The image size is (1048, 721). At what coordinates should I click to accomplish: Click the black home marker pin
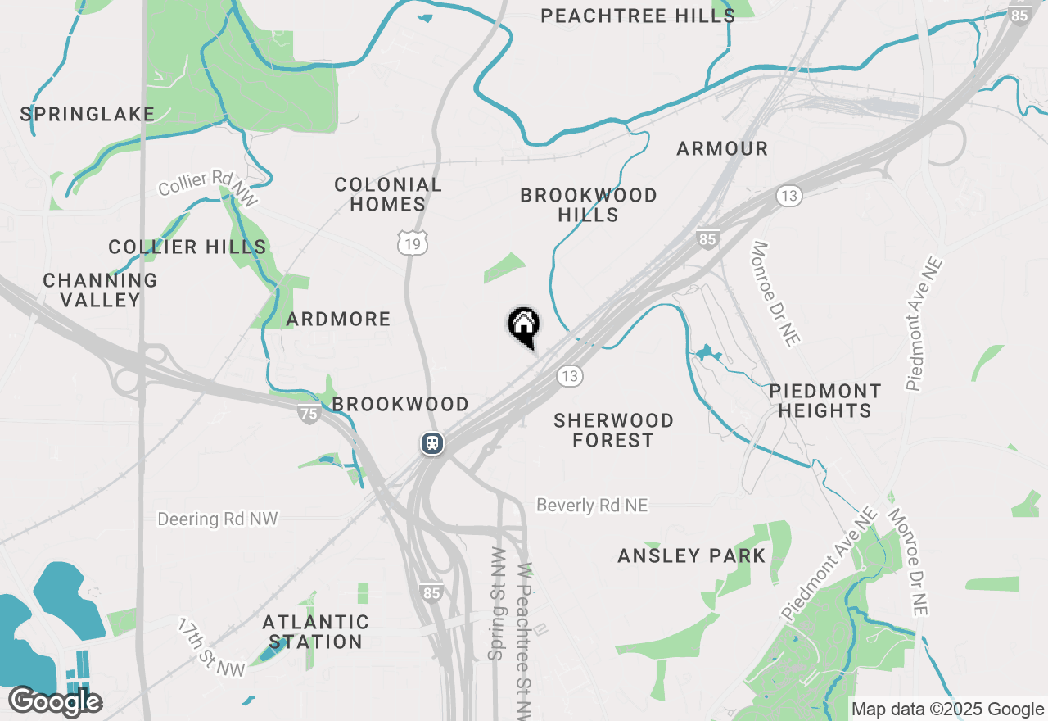point(524,326)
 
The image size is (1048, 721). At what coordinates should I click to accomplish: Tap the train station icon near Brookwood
point(432,443)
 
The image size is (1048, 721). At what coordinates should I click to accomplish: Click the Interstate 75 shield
point(309,414)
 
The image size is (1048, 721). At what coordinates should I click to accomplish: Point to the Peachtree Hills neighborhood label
point(638,16)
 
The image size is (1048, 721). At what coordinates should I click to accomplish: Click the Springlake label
point(88,115)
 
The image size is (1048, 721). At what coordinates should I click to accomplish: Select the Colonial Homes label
point(388,195)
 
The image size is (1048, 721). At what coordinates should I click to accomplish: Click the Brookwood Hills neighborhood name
point(589,205)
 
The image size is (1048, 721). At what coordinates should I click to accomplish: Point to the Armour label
point(722,149)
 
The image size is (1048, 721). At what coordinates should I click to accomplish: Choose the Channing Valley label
point(100,290)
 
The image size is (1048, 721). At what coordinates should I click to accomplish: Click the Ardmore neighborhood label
point(339,320)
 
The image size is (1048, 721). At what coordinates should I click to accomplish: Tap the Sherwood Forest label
point(613,430)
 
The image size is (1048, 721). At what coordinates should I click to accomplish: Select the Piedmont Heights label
point(824,401)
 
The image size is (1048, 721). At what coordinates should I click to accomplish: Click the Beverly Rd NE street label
point(592,506)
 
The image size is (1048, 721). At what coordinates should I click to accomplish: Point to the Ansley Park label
point(692,556)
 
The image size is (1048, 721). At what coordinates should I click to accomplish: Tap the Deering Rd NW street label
point(218,519)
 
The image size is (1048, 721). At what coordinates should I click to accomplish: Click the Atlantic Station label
point(316,632)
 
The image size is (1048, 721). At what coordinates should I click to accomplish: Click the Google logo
point(55,701)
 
